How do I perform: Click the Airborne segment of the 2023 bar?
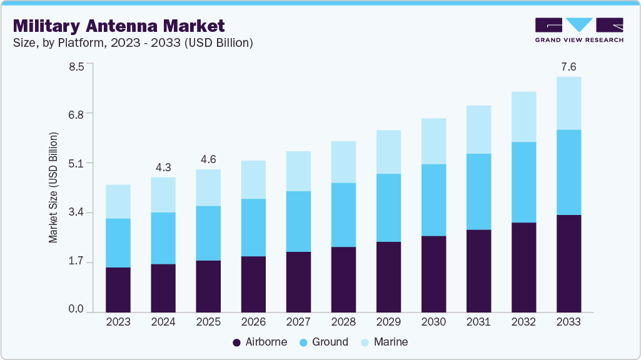(x=118, y=289)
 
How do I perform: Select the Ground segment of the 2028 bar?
(x=343, y=214)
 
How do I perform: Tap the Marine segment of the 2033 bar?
(x=568, y=103)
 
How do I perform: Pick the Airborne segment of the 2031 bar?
(x=478, y=271)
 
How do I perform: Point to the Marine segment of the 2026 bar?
(x=253, y=179)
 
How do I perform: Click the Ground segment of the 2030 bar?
(x=433, y=200)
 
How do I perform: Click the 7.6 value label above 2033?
(x=568, y=67)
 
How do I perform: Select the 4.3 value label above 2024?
(x=163, y=167)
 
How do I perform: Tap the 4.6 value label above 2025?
(x=208, y=159)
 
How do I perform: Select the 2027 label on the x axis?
(x=298, y=322)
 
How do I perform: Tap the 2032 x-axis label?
(x=523, y=322)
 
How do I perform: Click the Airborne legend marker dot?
(x=236, y=342)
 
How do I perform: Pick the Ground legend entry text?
(x=330, y=342)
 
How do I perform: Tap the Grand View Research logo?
(x=579, y=29)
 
